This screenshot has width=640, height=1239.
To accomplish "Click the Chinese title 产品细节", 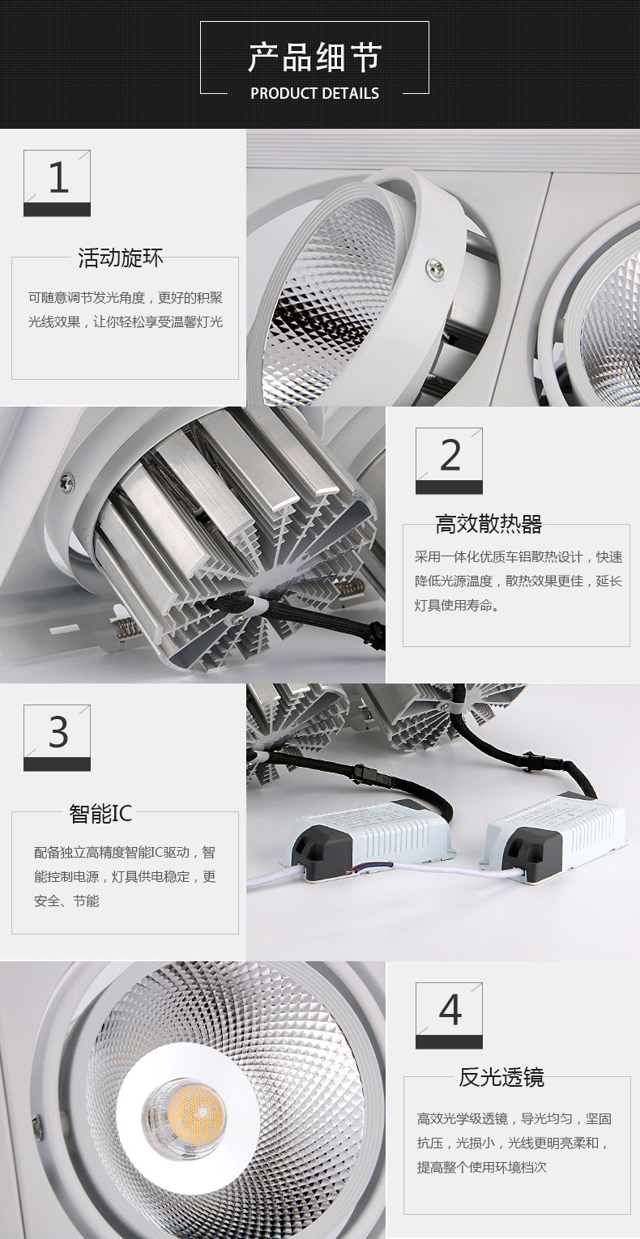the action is pos(314,57).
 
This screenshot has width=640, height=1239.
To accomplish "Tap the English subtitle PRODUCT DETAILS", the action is pos(315,93).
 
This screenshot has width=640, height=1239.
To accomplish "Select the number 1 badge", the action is pos(57,183).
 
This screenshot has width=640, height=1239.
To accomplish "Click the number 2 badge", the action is pos(449,461).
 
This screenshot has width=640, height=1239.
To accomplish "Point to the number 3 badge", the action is pos(57,738).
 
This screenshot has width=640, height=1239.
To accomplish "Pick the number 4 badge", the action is pos(449,1015).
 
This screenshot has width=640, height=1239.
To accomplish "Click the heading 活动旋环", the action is pos(121,258).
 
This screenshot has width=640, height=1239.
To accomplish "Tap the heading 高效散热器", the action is pos(489,524).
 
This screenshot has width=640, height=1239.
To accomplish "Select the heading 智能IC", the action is pos(100,814).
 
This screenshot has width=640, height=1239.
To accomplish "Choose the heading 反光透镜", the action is pos(501,1078).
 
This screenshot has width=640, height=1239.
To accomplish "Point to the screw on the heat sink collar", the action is pos(67,481).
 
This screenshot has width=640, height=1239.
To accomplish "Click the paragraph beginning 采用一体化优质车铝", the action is pos(518,581).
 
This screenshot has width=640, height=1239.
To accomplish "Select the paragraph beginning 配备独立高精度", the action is pos(125,877).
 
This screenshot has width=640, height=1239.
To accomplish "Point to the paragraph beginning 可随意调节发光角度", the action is pos(126,309).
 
